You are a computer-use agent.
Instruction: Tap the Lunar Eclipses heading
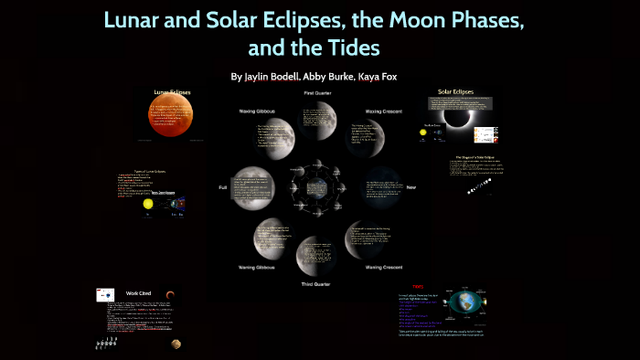172,93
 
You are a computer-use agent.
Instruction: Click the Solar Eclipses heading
455,92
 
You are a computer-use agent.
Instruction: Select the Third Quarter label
319,285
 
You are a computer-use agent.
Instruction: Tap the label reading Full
222,187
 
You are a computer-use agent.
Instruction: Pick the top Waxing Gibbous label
259,111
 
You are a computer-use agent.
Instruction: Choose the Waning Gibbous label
259,267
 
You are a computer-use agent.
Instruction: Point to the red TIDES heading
418,286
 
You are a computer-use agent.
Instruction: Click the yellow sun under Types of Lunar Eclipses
147,206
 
